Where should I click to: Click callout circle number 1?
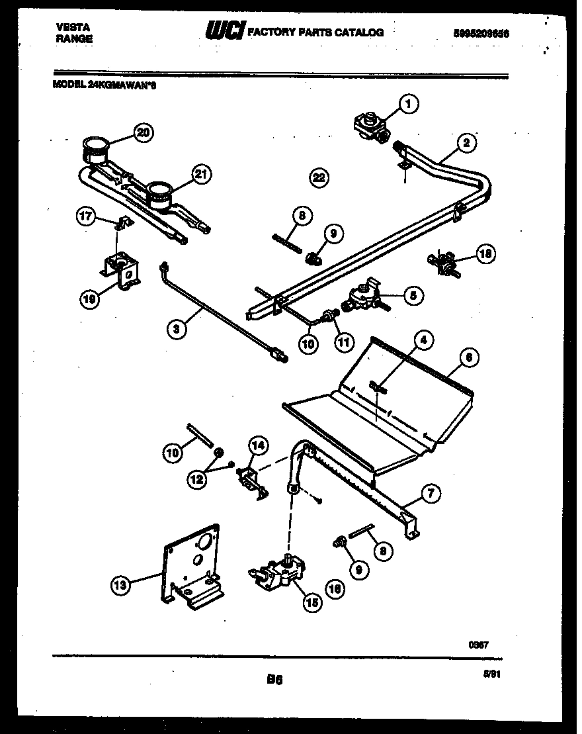coord(409,103)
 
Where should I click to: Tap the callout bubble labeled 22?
coord(319,177)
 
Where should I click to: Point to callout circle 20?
coord(143,133)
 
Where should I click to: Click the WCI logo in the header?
coord(226,30)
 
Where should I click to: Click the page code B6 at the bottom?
coord(274,679)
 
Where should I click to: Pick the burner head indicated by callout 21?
coord(159,193)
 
